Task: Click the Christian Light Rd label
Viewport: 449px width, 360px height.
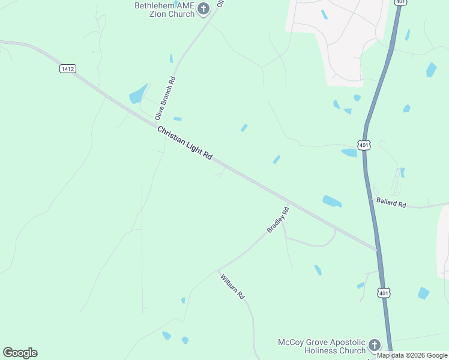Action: pyautogui.click(x=185, y=143)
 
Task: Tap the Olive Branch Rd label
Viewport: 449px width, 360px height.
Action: pyautogui.click(x=164, y=98)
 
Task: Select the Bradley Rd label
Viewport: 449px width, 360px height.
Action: pyautogui.click(x=278, y=220)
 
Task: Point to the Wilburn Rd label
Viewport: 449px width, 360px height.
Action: pyautogui.click(x=233, y=287)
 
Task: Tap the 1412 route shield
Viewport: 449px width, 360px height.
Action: pyautogui.click(x=67, y=69)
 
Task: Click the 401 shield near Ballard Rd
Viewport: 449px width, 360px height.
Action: pyautogui.click(x=363, y=145)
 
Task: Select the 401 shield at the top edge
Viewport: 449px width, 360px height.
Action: pyautogui.click(x=400, y=2)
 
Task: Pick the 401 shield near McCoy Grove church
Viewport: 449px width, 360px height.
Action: pyautogui.click(x=383, y=293)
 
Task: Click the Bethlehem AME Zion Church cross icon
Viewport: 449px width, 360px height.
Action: pyautogui.click(x=203, y=8)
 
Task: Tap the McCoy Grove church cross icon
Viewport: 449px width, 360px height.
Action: pyautogui.click(x=375, y=345)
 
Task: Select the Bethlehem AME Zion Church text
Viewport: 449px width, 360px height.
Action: pyautogui.click(x=164, y=10)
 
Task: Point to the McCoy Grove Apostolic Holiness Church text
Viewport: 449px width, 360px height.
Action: pyautogui.click(x=321, y=346)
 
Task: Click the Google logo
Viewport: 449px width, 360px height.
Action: pyautogui.click(x=20, y=353)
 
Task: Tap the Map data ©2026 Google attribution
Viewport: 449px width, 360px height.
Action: pyautogui.click(x=412, y=355)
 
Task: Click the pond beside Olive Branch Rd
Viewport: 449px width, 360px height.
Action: pyautogui.click(x=138, y=95)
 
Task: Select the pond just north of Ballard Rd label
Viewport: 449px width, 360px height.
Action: pyautogui.click(x=332, y=202)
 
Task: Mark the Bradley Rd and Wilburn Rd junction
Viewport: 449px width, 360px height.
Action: pyautogui.click(x=218, y=271)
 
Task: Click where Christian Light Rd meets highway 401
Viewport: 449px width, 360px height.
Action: pyautogui.click(x=376, y=249)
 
